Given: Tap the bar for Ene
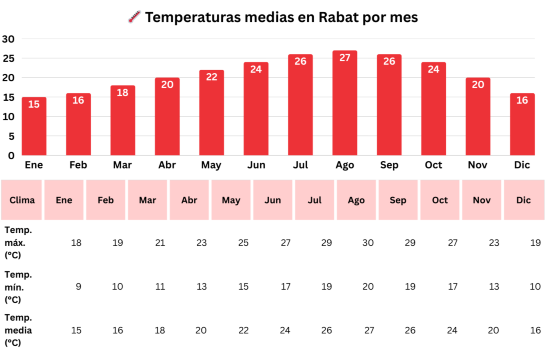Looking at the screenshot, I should [33, 127].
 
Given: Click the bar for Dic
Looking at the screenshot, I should [522, 125].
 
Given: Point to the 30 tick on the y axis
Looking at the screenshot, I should [9, 39].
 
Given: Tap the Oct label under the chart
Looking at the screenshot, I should [433, 165].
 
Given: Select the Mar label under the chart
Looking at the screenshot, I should [122, 165].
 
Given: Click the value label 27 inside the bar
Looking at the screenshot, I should [344, 58].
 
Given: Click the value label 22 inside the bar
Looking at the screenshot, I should [211, 77].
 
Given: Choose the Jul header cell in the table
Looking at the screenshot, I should [314, 200].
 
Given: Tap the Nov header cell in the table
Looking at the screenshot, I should [481, 200].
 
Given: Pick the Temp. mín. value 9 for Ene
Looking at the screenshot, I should [76, 287].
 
